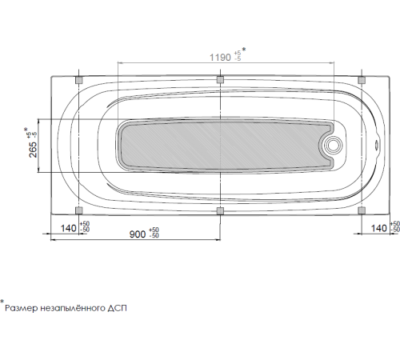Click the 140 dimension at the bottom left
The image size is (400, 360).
click(69, 229)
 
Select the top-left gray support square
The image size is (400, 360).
click(78, 80)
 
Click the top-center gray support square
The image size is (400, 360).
click(220, 80)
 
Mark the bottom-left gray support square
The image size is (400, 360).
click(78, 210)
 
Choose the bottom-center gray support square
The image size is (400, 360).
click(220, 210)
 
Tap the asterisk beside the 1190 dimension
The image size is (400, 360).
click(244, 50)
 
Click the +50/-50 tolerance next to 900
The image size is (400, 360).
click(154, 232)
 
